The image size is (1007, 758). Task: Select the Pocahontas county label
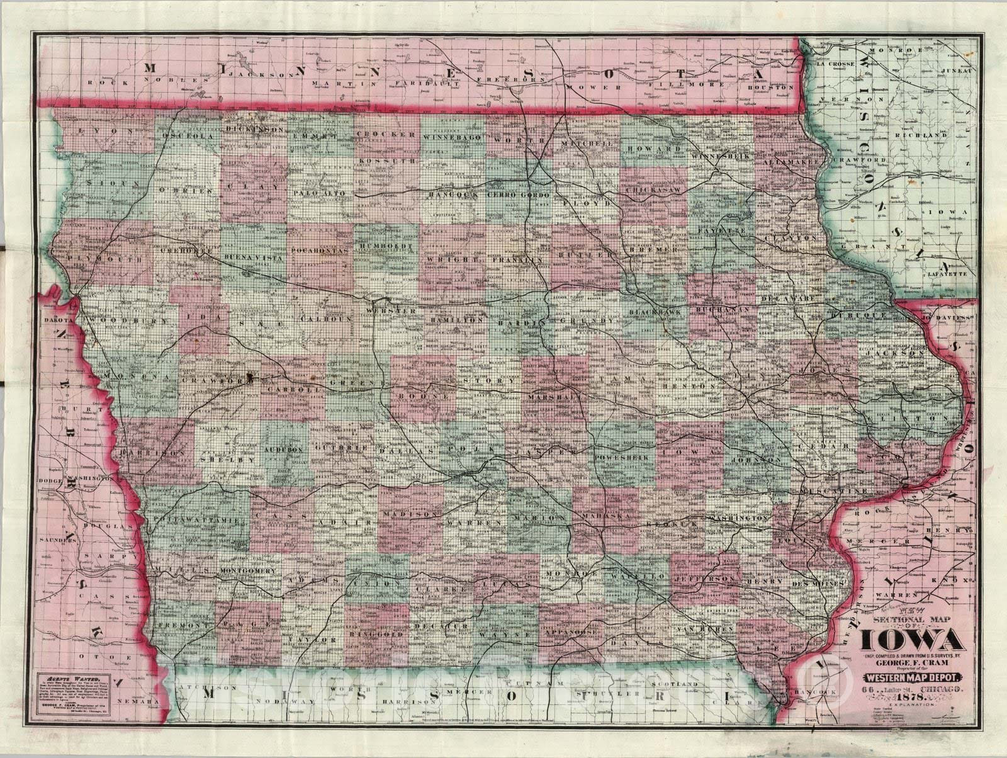point(320,250)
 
